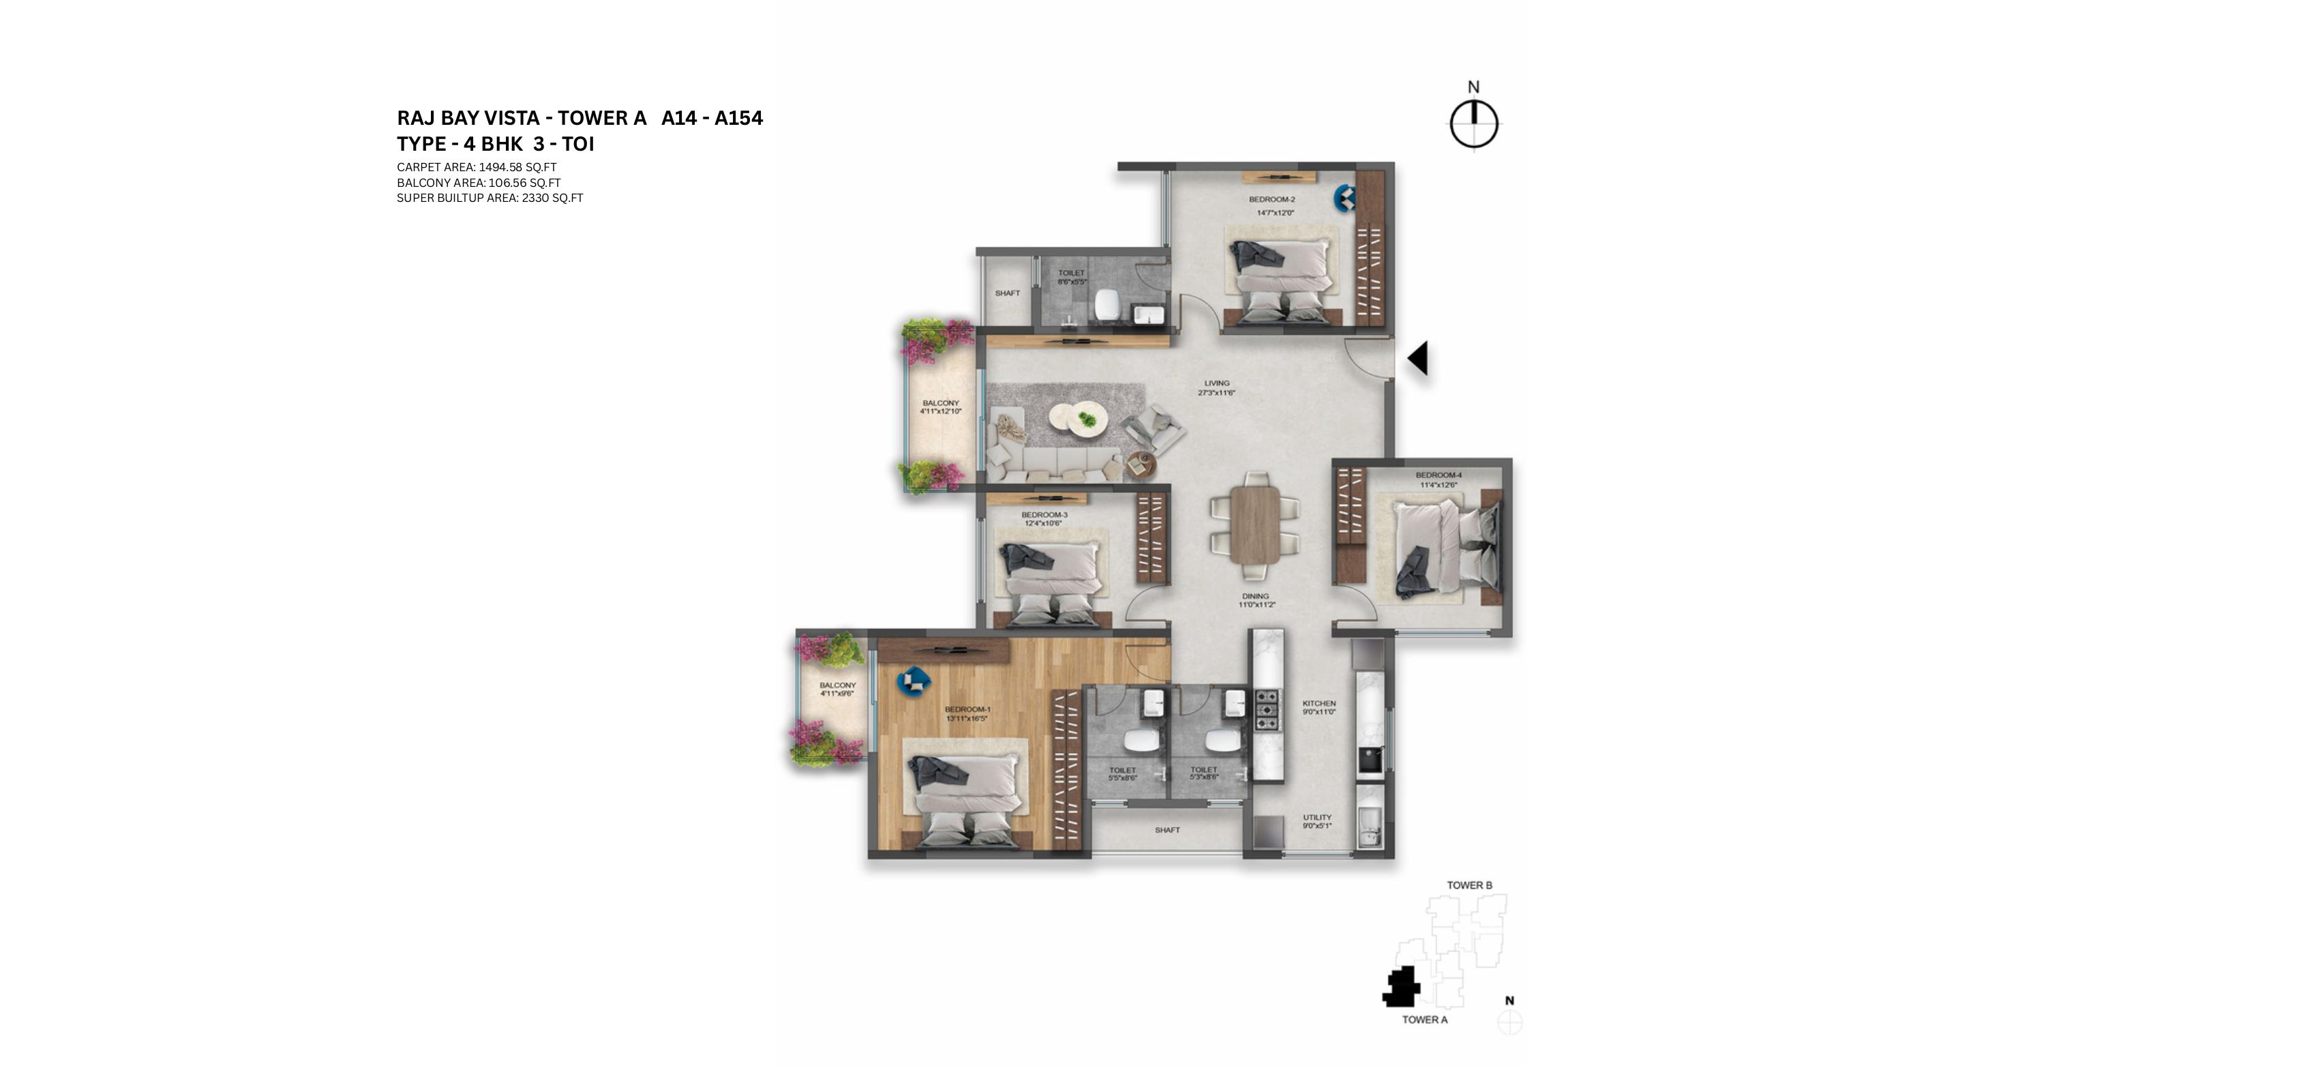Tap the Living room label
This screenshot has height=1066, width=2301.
[x=1216, y=383]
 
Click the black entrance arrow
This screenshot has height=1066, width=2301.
[x=1417, y=358]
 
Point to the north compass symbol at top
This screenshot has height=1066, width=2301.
[x=1474, y=123]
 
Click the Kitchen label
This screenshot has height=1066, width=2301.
[x=1319, y=704]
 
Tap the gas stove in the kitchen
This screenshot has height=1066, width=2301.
[x=1267, y=711]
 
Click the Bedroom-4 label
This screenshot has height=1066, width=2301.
[x=1438, y=475]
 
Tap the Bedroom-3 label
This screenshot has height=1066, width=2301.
[x=1044, y=515]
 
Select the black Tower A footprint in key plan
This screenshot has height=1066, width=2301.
[x=1400, y=988]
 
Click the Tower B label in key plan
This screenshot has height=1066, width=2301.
[x=1469, y=885]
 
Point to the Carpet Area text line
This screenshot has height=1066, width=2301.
[x=477, y=167]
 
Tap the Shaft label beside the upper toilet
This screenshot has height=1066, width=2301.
[x=1007, y=293]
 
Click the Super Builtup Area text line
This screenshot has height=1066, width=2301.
[x=490, y=198]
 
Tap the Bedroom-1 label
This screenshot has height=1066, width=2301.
[x=967, y=709]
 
